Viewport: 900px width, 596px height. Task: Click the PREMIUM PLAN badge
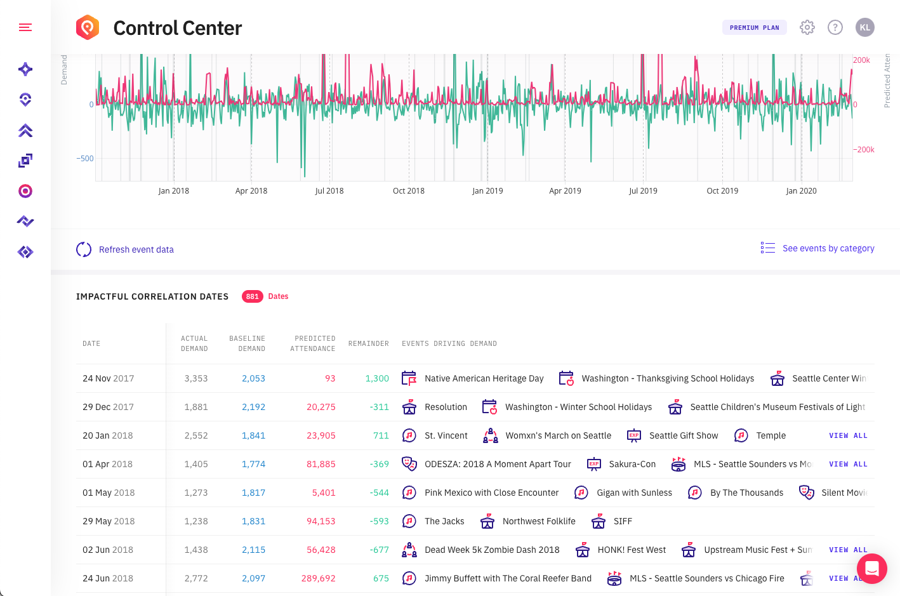(x=754, y=27)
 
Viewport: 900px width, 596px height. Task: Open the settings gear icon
(x=807, y=27)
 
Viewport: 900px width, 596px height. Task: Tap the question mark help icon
(x=835, y=27)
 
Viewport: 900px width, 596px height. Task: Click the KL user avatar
(x=865, y=27)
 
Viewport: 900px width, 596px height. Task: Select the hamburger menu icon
(x=25, y=27)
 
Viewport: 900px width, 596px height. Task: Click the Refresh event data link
(x=136, y=249)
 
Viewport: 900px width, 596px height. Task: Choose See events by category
(x=828, y=248)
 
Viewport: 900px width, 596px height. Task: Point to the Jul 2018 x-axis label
(x=329, y=190)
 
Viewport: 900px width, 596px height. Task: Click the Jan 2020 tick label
(x=801, y=190)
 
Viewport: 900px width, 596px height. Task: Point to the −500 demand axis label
(x=85, y=159)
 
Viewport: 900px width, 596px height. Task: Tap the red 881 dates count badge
(x=253, y=296)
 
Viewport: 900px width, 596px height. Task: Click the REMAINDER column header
(x=368, y=343)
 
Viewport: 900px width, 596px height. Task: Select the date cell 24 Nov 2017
(x=108, y=378)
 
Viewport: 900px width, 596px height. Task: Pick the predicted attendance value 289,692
(x=318, y=578)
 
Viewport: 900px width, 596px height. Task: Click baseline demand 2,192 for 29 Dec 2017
(x=253, y=407)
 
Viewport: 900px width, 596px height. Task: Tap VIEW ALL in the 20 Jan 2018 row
(x=848, y=435)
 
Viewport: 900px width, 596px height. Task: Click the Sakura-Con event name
(x=632, y=464)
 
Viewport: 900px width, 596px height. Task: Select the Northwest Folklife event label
(x=539, y=521)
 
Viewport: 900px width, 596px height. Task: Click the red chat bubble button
(x=871, y=569)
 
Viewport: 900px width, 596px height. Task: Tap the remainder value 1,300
(x=377, y=378)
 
